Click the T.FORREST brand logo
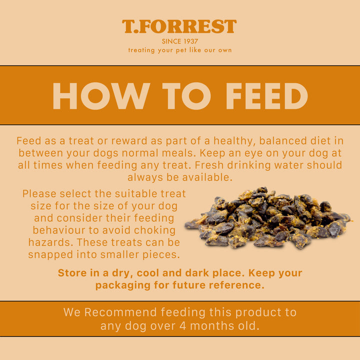point(179,26)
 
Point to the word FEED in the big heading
point(267,95)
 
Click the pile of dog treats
point(267,218)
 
